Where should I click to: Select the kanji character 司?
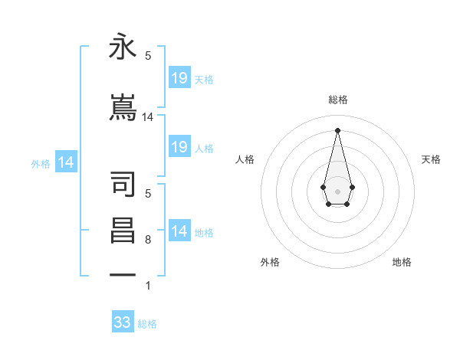pos(123,185)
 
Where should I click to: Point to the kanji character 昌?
pos(123,231)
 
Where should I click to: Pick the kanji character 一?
pos(123,273)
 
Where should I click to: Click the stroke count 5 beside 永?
pos(148,56)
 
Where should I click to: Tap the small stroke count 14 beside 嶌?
pos(148,117)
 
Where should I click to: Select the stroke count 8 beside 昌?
pos(148,240)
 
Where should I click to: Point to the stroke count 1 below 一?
pos(148,286)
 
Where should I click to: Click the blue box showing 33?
pos(123,322)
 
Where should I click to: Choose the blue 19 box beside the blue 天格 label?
pos(179,77)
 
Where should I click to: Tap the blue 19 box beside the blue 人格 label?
pos(179,147)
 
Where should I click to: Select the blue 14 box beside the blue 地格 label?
pos(179,231)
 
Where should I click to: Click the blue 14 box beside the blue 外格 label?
pos(66,162)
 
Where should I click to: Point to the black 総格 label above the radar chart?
pos(337,100)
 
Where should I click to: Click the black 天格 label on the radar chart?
pos(431,159)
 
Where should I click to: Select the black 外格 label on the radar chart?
pos(270,262)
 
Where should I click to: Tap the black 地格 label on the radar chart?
pos(402,262)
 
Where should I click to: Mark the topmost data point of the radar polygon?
pos(337,129)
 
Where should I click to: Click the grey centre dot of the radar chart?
pos(337,190)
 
